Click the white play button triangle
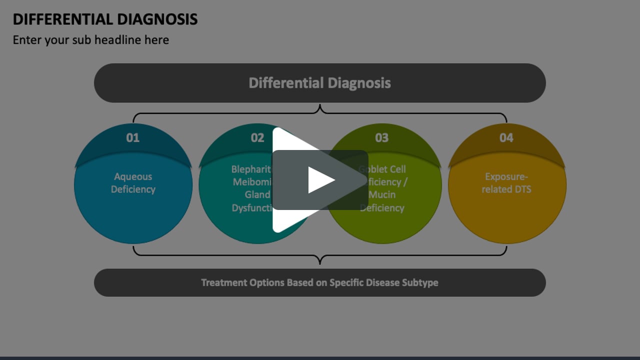click(320, 180)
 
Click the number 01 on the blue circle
click(133, 137)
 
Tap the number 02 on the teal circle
click(257, 137)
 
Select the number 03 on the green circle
click(381, 137)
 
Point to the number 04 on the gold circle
click(506, 137)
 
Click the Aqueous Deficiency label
click(133, 183)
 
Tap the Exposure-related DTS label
click(506, 183)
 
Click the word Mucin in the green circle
click(382, 195)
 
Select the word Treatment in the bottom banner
click(224, 282)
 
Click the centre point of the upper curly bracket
click(320, 108)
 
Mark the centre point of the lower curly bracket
click(320, 260)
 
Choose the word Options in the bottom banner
click(266, 282)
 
